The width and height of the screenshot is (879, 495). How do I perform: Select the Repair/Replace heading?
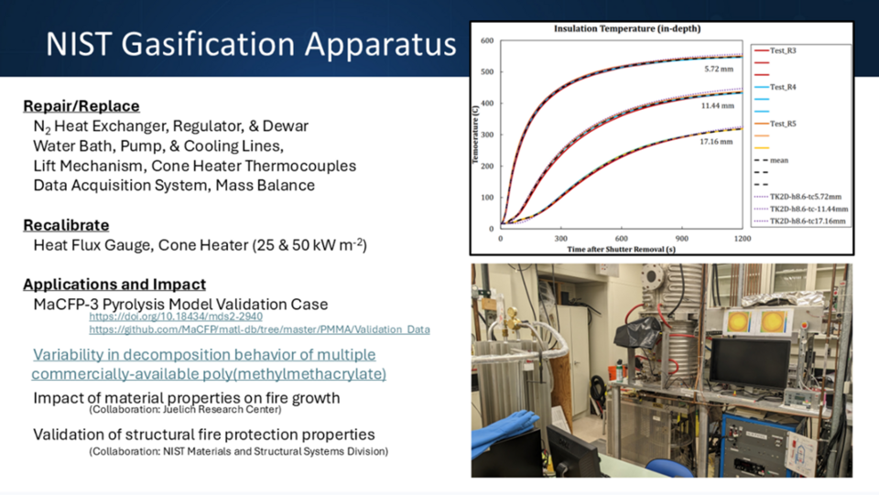(x=81, y=106)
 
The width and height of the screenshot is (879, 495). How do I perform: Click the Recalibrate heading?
(x=66, y=224)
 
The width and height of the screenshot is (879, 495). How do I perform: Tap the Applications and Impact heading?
(x=114, y=284)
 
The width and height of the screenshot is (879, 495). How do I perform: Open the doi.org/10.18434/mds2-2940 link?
(x=176, y=316)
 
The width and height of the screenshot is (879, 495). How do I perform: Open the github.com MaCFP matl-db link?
(x=259, y=328)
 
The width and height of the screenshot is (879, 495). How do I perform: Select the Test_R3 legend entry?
(x=782, y=50)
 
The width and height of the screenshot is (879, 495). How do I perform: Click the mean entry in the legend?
(x=779, y=160)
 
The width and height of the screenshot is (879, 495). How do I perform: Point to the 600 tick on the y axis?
(x=486, y=40)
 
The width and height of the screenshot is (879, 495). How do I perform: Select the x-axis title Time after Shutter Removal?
(x=620, y=249)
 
